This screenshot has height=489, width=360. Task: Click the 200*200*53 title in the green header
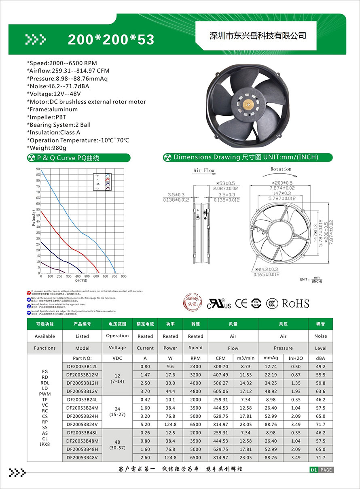click(111, 39)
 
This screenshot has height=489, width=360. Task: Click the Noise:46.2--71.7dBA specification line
click(58, 86)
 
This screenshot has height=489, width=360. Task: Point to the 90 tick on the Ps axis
click(38, 169)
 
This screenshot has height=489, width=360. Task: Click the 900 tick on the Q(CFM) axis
click(123, 276)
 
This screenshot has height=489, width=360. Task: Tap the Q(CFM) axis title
click(81, 280)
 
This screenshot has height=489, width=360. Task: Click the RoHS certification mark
click(295, 304)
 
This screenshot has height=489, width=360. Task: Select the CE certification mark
click(241, 303)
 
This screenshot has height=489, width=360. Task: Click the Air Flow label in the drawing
click(203, 170)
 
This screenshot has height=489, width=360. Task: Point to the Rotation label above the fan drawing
click(281, 169)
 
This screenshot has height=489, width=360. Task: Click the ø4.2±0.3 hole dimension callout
click(267, 269)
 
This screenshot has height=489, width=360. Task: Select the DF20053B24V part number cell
click(82, 424)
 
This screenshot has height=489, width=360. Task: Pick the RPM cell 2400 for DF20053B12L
click(195, 366)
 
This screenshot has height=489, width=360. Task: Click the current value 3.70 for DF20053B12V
click(145, 391)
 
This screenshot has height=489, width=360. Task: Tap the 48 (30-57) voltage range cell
click(117, 445)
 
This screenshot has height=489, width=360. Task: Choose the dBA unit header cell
click(320, 358)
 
